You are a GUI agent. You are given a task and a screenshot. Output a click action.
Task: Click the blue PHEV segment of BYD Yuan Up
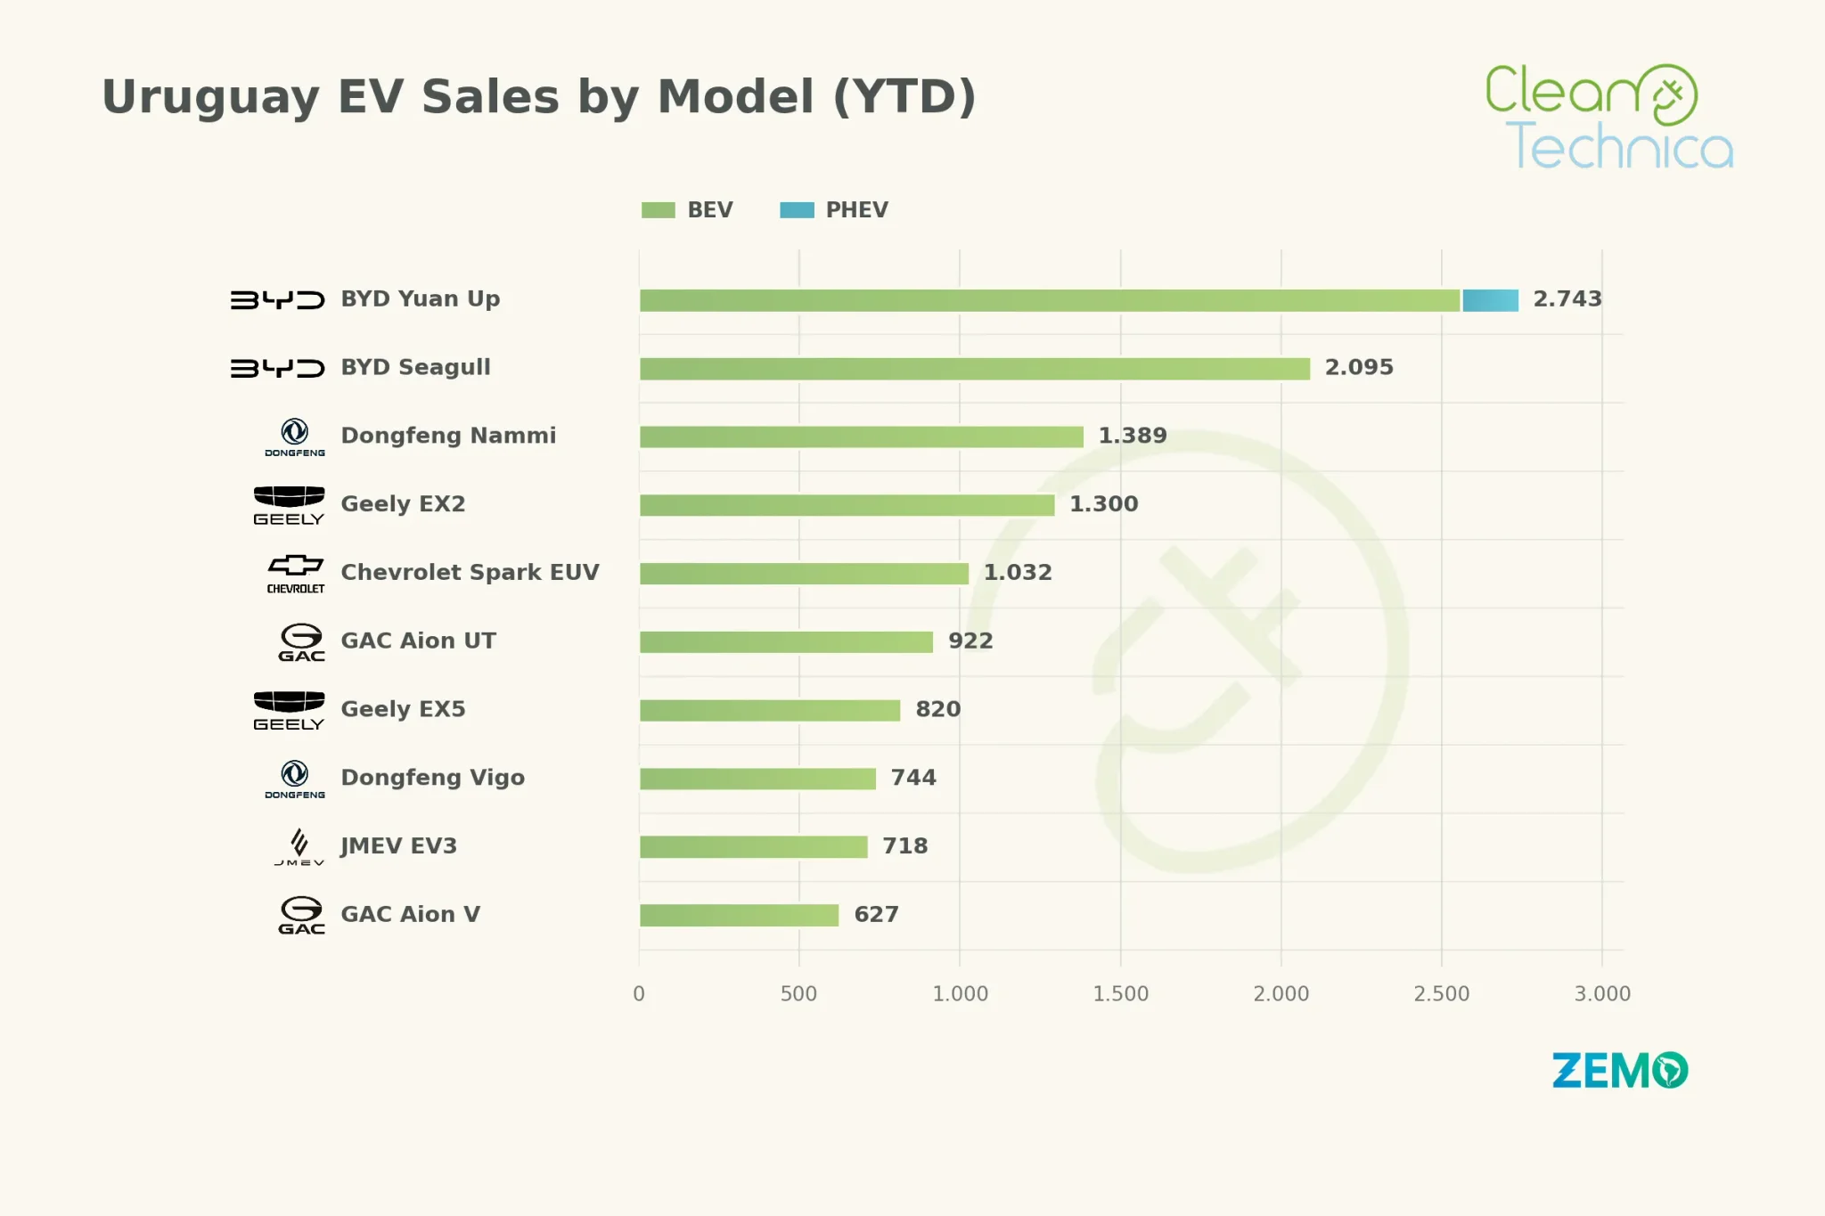click(x=1490, y=300)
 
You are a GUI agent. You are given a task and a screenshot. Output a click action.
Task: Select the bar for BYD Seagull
click(x=975, y=369)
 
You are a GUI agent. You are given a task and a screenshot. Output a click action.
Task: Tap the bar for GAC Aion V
click(x=740, y=915)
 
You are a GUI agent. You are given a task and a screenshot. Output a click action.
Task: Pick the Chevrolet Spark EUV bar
click(x=804, y=574)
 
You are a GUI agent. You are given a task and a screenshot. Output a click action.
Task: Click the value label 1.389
click(x=1133, y=436)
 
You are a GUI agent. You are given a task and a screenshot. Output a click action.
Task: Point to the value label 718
click(x=905, y=846)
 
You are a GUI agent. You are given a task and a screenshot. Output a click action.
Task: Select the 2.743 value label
click(x=1567, y=299)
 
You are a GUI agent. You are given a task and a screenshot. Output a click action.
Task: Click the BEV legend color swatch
click(x=659, y=210)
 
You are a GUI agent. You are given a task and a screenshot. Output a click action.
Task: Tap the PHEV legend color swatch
click(x=797, y=210)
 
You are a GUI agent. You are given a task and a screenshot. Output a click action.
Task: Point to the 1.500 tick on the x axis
click(x=1121, y=994)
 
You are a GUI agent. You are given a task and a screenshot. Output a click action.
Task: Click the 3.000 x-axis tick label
click(x=1602, y=994)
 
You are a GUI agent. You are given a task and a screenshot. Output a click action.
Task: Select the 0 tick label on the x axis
click(x=639, y=994)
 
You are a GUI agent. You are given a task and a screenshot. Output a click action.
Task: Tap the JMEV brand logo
click(x=299, y=847)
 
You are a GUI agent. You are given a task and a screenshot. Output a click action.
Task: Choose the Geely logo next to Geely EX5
click(x=289, y=711)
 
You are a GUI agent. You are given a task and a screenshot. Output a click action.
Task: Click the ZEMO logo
click(x=1620, y=1071)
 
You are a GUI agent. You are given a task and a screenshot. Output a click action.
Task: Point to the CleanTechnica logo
click(x=1609, y=116)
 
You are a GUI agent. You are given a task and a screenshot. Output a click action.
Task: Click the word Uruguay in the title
click(x=210, y=98)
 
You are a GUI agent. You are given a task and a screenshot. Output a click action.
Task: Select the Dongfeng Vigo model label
click(x=433, y=778)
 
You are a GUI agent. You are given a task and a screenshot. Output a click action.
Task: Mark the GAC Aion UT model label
click(x=418, y=641)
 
